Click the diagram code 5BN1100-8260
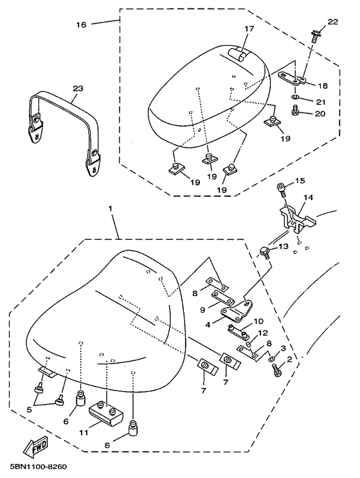pos(39,467)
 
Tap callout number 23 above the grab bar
pos(77,89)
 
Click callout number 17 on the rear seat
pos(249,29)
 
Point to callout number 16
pos(81,24)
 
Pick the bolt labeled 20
pos(295,111)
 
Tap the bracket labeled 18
pos(292,78)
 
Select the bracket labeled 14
pos(296,219)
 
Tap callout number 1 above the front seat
pos(111,209)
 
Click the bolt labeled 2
pos(277,369)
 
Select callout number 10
pos(258,321)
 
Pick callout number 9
pos(203,309)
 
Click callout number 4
pos(208,325)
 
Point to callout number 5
pos(29,410)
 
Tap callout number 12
pos(263,333)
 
